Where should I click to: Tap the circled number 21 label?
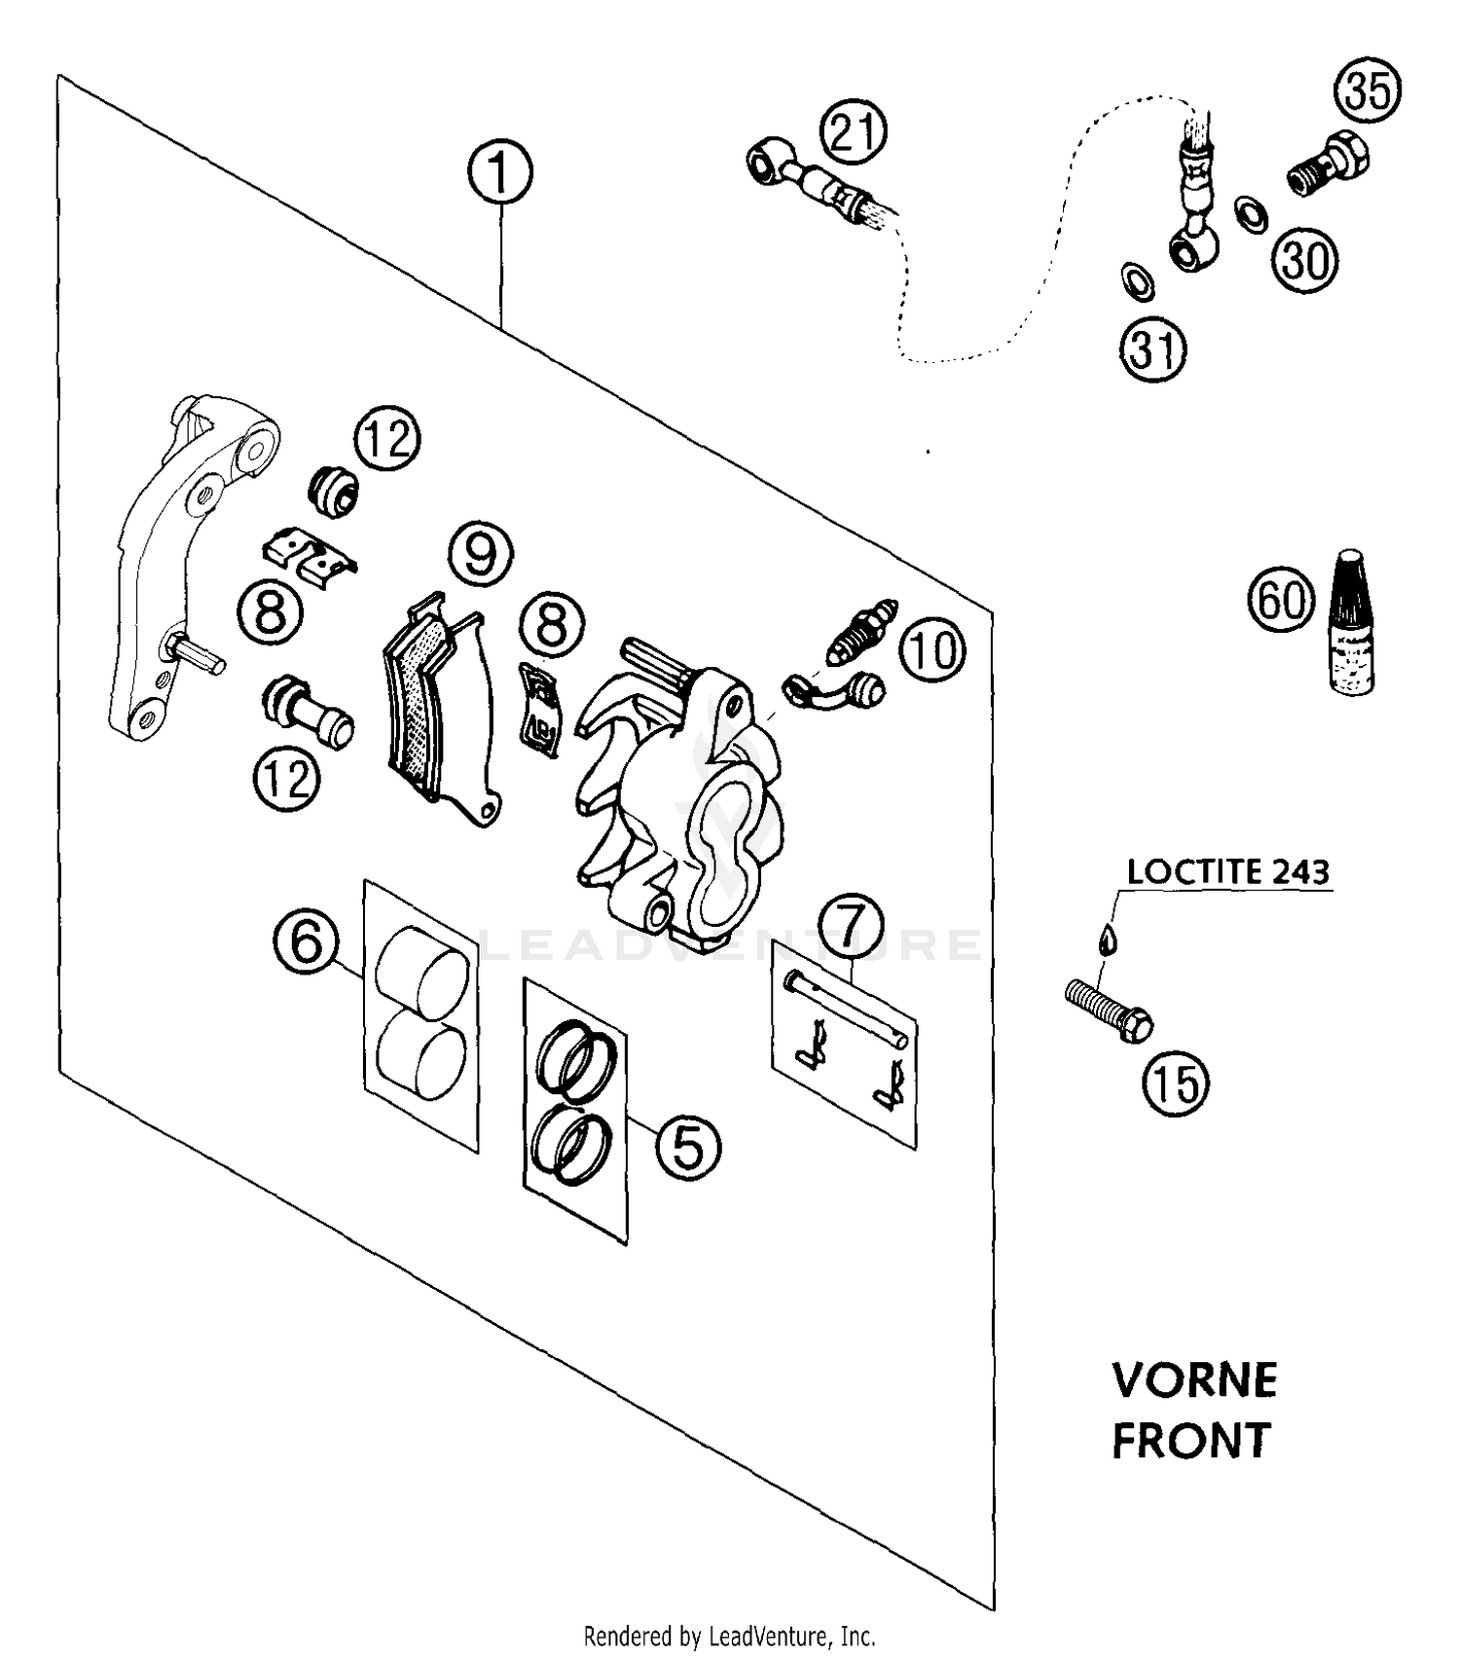point(854,132)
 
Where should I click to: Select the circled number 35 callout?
point(1367,91)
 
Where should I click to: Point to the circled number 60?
point(1281,600)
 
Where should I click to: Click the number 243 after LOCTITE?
point(1298,871)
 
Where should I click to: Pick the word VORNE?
point(1194,1380)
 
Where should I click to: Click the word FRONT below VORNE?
point(1191,1441)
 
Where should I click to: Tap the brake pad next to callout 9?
point(438,709)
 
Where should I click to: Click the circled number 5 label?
point(687,1147)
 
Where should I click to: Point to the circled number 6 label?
point(306,941)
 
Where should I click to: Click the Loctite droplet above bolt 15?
point(1107,938)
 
